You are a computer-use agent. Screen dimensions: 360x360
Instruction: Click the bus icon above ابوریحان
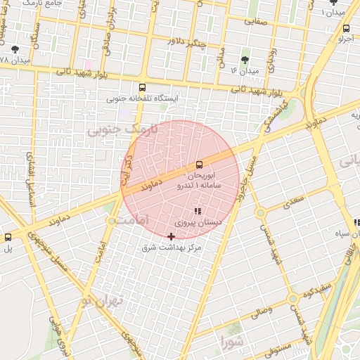coord(199,165)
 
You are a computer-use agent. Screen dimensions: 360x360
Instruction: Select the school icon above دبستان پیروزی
coord(198,211)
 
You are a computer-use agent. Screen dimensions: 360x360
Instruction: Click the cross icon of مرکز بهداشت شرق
coord(172,236)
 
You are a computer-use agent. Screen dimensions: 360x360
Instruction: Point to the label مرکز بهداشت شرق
coord(171,247)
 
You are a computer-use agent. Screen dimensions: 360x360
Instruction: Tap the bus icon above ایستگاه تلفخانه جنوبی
coord(143,88)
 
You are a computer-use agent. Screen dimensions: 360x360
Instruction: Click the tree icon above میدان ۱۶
coord(245,60)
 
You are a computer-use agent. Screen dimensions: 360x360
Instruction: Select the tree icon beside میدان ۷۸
coord(15,49)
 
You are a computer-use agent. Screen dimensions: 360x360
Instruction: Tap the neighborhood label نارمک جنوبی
coord(113,131)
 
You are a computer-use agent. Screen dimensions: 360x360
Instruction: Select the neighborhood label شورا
coord(231,344)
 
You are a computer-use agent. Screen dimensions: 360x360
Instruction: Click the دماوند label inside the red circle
coord(150,186)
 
